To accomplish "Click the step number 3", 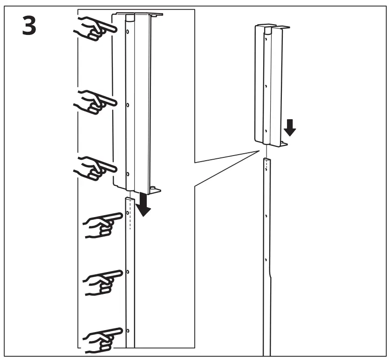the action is [x=29, y=26].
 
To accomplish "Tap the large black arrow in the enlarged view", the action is [x=143, y=204].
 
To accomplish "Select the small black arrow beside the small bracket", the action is [x=290, y=128].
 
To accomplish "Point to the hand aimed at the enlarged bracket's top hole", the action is [x=95, y=28].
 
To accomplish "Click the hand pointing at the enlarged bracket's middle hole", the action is [x=95, y=102].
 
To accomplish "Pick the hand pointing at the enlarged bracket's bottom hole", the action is [x=95, y=168].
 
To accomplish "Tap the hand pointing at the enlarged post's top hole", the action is [x=103, y=225].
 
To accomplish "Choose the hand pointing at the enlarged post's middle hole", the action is [x=103, y=283].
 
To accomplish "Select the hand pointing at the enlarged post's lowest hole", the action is [x=103, y=340].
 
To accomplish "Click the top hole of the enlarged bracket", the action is [x=128, y=32].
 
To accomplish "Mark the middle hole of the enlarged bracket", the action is [x=128, y=105].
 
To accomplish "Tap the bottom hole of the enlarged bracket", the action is [x=128, y=174].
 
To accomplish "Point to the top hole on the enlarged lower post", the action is [x=128, y=213].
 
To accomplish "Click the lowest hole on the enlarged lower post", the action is [x=128, y=331].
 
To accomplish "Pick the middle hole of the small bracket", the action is [x=266, y=86].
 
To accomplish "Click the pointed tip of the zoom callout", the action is [x=259, y=151].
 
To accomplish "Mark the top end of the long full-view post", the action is [x=267, y=159].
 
